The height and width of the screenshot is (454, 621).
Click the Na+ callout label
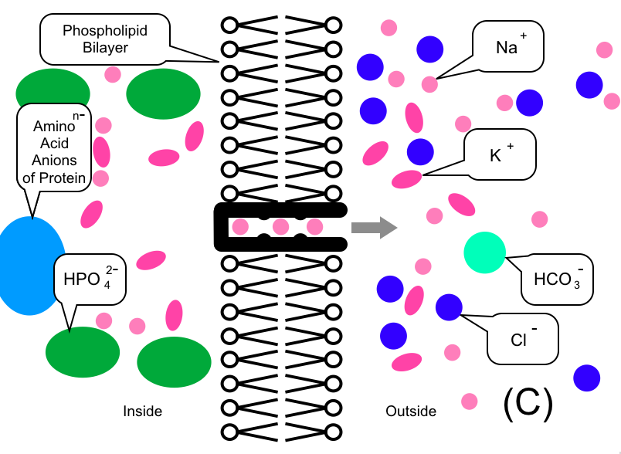click(x=507, y=46)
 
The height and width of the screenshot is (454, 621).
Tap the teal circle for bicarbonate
click(x=484, y=252)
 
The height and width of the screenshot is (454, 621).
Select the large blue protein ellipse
click(x=31, y=266)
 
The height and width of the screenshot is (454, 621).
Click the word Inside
click(x=143, y=412)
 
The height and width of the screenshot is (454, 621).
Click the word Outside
click(x=411, y=412)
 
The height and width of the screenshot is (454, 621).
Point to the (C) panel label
click(x=528, y=402)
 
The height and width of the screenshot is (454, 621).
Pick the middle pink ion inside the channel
click(x=280, y=227)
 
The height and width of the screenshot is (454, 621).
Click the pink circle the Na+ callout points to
click(x=429, y=84)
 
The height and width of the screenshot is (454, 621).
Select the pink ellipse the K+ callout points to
click(x=407, y=179)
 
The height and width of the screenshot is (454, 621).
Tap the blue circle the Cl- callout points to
click(x=449, y=307)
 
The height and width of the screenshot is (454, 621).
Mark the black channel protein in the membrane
click(x=224, y=228)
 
